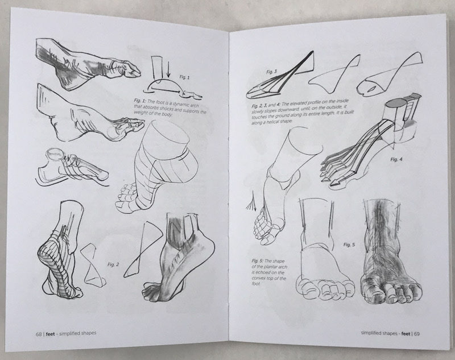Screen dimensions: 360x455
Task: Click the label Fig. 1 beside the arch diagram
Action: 184,77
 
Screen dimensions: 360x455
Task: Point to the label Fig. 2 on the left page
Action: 113,266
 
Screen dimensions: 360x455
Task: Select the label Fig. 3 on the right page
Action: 271,72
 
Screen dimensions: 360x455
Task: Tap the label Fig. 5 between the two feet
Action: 349,245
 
